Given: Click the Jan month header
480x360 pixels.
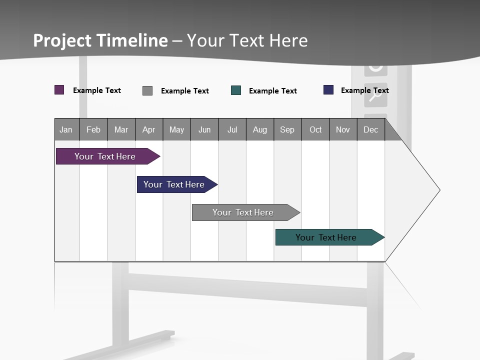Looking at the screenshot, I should [66, 129].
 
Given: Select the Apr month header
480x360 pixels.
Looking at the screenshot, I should [148, 129].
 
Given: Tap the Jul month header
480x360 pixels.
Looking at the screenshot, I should [232, 129].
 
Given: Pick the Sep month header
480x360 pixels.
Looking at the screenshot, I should [287, 129].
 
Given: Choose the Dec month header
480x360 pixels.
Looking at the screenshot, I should [370, 129].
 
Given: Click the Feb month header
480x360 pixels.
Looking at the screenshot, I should [93, 129].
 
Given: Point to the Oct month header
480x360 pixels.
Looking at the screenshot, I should [315, 129].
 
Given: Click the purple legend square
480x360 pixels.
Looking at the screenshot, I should [59, 90].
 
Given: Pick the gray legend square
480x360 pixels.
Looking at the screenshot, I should [147, 90].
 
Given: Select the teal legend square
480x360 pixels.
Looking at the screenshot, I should [236, 90].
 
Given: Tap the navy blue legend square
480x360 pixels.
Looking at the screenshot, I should [328, 90].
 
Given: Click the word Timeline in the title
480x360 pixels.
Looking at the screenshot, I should [132, 40].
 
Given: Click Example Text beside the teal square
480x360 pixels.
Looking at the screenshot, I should [273, 91].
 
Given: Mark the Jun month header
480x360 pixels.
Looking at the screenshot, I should [204, 129].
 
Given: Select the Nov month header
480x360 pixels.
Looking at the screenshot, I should [343, 129].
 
